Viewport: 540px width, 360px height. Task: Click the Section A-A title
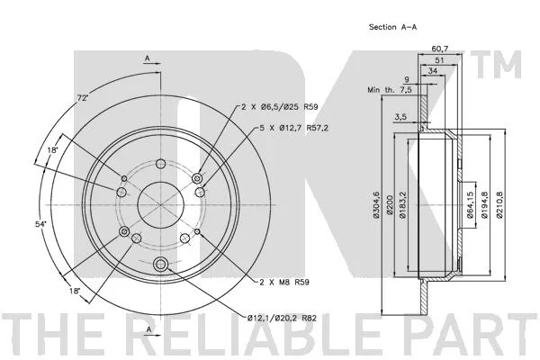click(392, 27)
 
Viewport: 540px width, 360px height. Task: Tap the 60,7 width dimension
click(440, 49)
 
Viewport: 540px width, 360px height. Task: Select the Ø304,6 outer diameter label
click(375, 204)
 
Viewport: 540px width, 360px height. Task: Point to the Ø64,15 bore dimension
click(470, 204)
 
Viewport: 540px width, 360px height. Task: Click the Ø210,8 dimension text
click(499, 204)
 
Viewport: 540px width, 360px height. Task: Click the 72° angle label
click(83, 98)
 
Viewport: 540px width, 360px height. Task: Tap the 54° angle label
click(40, 224)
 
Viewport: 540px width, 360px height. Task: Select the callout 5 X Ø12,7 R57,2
click(293, 128)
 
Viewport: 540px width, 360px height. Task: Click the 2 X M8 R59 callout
click(284, 282)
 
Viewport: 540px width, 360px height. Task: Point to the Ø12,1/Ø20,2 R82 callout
click(282, 319)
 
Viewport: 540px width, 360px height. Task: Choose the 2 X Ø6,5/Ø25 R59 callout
click(279, 107)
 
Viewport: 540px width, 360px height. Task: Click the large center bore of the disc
click(160, 204)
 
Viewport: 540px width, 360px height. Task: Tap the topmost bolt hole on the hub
click(160, 164)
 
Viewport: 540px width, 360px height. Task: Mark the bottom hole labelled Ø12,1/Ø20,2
click(160, 265)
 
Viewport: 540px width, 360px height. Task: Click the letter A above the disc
click(148, 58)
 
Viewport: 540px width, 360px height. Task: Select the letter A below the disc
click(148, 329)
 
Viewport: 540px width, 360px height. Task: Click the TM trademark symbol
click(499, 65)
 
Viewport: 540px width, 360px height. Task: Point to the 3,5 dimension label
click(400, 117)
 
